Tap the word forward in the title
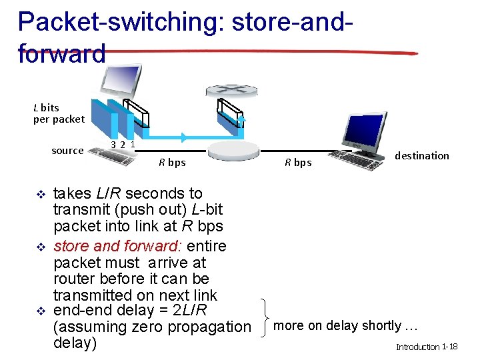point(62,53)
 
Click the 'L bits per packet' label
point(59,113)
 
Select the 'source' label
point(67,151)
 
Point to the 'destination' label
point(421,155)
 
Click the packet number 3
point(114,145)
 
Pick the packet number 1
point(133,143)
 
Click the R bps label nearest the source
point(172,162)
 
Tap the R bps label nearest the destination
point(298,162)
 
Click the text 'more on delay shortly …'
point(345,326)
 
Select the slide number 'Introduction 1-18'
point(426,347)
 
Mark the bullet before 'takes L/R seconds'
point(39,194)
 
